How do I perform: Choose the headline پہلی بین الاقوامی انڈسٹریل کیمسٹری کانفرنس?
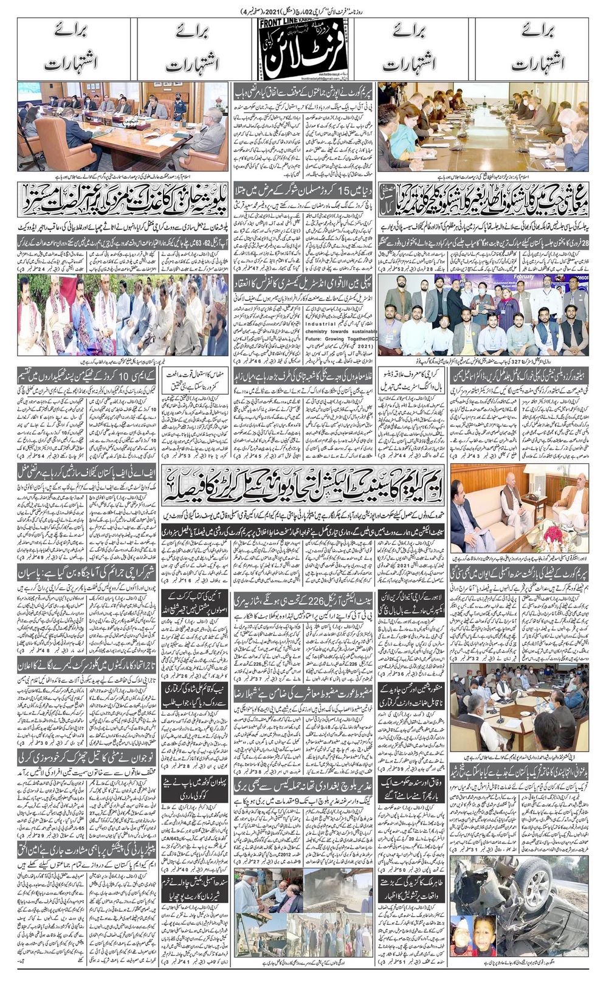(303, 282)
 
